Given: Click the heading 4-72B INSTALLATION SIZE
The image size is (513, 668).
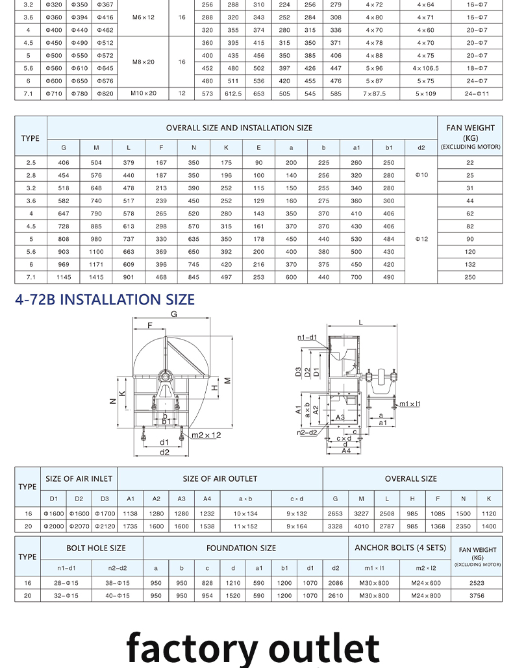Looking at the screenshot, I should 105,299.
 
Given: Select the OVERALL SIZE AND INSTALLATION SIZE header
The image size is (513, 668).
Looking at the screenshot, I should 239,128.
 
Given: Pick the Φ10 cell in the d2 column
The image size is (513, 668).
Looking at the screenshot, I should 421,175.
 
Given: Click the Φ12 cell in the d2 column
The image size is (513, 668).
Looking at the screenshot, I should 421,239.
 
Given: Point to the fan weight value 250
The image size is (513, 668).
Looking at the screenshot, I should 470,277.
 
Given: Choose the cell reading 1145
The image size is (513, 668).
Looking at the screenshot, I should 64,277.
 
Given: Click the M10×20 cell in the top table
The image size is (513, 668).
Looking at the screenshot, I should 144,93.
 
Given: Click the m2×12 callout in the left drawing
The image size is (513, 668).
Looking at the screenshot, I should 206,435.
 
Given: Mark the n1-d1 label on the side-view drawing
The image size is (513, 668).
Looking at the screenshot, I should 307,338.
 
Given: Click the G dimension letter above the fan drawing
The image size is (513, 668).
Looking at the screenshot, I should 173,314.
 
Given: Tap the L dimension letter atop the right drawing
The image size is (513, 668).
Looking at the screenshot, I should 360,322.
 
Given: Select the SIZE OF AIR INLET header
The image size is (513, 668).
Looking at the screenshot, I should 79,478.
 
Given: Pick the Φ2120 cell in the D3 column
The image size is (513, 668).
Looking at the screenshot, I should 104,526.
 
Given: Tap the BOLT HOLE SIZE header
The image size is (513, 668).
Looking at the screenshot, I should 96,548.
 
